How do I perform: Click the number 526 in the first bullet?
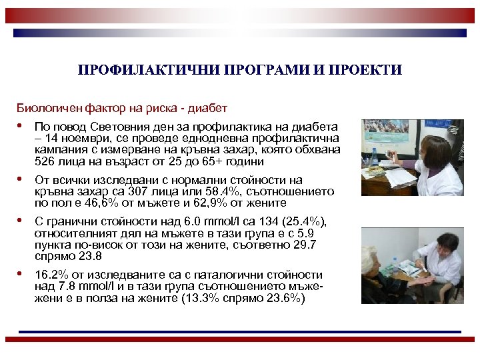pos(45,161)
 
